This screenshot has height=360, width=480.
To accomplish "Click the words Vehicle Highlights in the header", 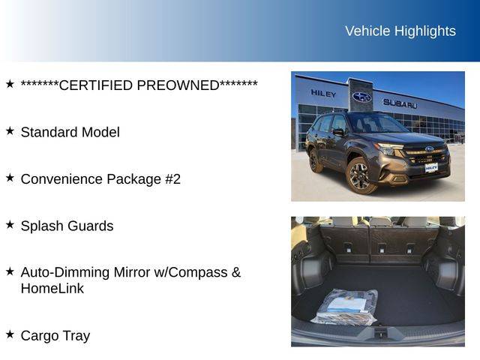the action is [x=400, y=31].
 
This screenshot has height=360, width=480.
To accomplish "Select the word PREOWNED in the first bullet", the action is [x=178, y=85].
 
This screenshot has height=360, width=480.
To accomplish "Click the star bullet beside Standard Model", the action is [x=10, y=130].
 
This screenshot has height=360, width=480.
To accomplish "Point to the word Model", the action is [x=100, y=132].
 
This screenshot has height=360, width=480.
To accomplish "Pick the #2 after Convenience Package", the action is [x=173, y=179].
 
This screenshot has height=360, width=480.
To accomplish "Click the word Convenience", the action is [x=61, y=179].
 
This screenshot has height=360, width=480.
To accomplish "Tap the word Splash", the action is [x=42, y=226].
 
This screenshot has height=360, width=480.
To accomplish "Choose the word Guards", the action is [x=90, y=226].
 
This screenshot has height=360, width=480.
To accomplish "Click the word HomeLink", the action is [x=52, y=288].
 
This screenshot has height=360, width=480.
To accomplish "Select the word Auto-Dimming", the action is [x=65, y=272].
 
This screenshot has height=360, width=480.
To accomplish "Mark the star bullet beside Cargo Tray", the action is [x=10, y=334].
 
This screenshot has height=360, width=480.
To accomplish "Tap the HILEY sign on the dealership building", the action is [x=323, y=93].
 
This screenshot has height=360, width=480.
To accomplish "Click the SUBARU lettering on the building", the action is [x=400, y=103].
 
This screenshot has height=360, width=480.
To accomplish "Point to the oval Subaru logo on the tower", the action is [x=361, y=97].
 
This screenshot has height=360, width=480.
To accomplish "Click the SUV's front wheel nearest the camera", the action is [x=359, y=175].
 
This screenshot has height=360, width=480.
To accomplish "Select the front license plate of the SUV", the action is [x=431, y=168].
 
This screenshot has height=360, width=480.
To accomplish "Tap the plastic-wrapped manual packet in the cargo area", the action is [x=345, y=307].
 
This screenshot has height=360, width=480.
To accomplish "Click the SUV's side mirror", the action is [x=338, y=132].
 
